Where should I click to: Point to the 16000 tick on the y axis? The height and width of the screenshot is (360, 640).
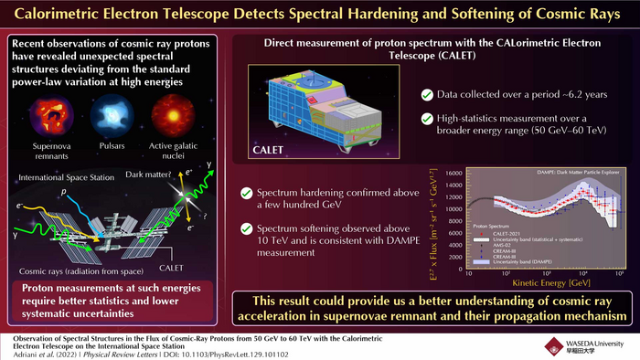pyautogui.click(x=452, y=172)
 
